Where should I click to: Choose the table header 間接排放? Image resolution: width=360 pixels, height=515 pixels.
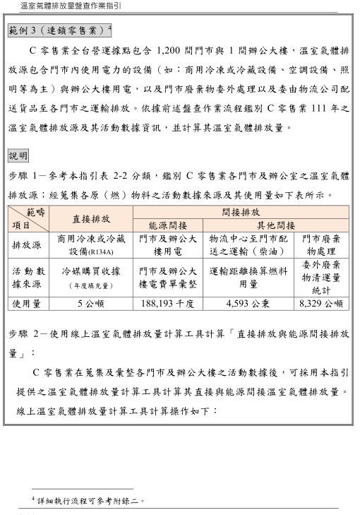click(241, 212)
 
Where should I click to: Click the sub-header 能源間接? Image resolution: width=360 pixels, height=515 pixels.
click(168, 225)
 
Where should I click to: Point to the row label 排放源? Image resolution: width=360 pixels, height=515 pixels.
click(27, 244)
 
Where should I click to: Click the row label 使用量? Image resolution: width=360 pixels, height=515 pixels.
click(27, 303)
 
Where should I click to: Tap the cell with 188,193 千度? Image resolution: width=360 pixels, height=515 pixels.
click(167, 303)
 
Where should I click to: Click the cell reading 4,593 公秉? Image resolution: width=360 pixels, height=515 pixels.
click(248, 303)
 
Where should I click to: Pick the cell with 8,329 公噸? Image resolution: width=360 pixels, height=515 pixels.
click(320, 303)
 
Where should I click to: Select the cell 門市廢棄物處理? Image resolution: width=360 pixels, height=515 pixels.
click(320, 245)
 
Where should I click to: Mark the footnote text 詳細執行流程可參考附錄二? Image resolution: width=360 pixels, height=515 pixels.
click(91, 500)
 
